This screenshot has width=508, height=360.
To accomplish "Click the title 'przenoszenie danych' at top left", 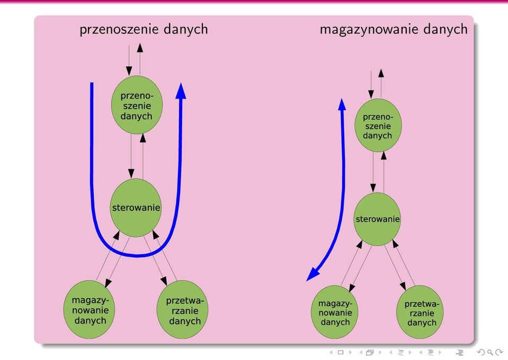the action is (x=144, y=30).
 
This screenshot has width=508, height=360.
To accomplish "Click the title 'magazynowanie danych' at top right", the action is (x=394, y=30).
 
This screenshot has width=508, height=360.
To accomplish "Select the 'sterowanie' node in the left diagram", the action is (x=136, y=207).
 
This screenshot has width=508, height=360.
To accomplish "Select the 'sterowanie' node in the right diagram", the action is (x=377, y=219).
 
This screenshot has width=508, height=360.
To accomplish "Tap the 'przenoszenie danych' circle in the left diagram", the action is (x=137, y=105).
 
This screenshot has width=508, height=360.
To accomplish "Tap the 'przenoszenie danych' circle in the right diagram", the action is (x=378, y=125).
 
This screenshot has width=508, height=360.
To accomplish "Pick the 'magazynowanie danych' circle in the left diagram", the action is (x=89, y=310).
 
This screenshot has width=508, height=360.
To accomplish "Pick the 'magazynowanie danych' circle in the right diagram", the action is (x=335, y=312).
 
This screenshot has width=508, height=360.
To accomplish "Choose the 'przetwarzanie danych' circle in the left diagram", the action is (x=182, y=310).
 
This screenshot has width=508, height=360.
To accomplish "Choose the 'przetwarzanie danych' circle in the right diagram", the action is (x=420, y=312).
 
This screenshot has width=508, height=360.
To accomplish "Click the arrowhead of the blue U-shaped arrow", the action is (x=181, y=91).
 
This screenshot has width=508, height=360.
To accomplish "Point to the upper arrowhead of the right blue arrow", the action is (x=342, y=104).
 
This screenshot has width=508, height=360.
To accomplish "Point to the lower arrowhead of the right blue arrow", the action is (x=313, y=275).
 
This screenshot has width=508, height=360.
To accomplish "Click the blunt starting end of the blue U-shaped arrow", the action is (x=92, y=84).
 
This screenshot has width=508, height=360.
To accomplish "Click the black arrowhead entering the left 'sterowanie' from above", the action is (x=131, y=173).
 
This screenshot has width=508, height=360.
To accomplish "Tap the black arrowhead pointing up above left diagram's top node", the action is (x=140, y=48).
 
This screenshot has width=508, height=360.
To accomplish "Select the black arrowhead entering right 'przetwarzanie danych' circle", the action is (x=403, y=286).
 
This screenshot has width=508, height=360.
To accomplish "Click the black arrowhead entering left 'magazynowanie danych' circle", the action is (x=108, y=283).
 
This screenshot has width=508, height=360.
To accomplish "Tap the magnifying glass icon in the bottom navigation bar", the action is (x=490, y=352).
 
